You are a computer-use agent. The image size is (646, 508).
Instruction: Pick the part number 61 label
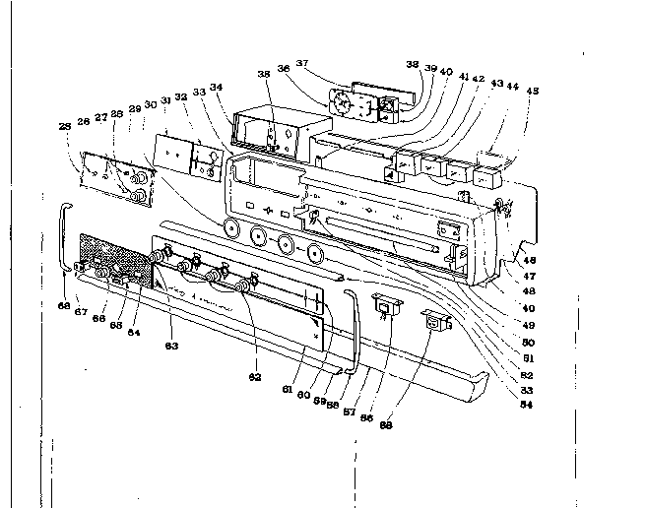(x=287, y=390)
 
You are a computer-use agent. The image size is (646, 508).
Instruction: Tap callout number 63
(x=171, y=345)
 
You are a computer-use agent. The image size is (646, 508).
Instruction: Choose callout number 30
(x=150, y=103)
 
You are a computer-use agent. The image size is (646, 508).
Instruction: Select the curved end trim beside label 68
(x=65, y=236)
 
